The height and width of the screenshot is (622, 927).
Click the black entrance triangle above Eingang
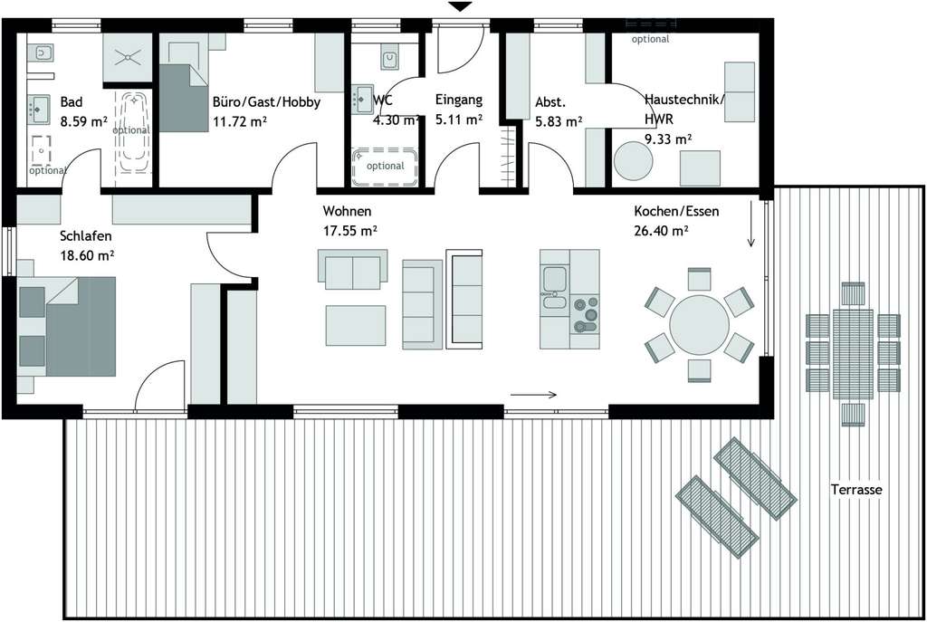pyautogui.click(x=461, y=7)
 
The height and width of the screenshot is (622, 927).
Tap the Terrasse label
pyautogui.click(x=856, y=490)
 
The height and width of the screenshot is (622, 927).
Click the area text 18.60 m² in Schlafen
pyautogui.click(x=87, y=256)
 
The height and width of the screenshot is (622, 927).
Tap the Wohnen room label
pyautogui.click(x=347, y=212)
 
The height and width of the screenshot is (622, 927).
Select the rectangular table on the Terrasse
pyautogui.click(x=853, y=352)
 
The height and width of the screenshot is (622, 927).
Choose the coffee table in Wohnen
pyautogui.click(x=356, y=325)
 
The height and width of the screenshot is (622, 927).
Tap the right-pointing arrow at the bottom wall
pyautogui.click(x=535, y=395)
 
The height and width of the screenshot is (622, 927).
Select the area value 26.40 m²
pyautogui.click(x=661, y=231)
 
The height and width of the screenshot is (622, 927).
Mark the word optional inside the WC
pyautogui.click(x=385, y=166)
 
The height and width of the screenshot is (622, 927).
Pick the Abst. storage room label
pyautogui.click(x=550, y=101)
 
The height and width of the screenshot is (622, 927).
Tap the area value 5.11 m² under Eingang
pyautogui.click(x=458, y=119)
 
